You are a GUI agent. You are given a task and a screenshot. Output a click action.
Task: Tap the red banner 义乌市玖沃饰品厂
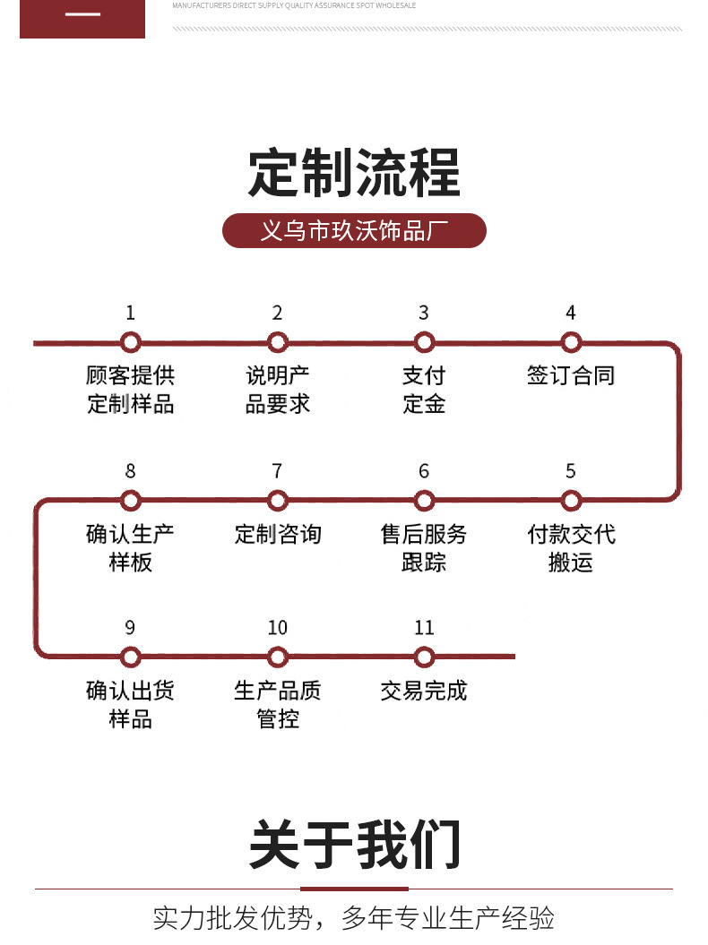click(x=354, y=231)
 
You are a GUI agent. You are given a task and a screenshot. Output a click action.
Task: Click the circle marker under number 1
click(x=131, y=342)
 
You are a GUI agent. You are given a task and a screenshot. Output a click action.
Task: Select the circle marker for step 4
click(x=571, y=342)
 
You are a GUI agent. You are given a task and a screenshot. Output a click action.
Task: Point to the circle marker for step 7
click(x=278, y=500)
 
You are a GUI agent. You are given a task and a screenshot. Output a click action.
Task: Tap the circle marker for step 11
click(x=424, y=657)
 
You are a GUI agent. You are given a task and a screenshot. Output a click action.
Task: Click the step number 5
click(x=571, y=471)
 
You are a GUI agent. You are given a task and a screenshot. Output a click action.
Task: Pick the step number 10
click(x=278, y=628)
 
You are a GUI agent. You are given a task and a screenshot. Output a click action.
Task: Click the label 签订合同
click(x=571, y=375)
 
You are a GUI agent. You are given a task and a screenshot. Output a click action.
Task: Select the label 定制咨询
click(x=278, y=535)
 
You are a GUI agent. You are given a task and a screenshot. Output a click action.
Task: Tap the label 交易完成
click(x=424, y=691)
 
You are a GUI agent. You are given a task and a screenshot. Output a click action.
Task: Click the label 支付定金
click(x=424, y=390)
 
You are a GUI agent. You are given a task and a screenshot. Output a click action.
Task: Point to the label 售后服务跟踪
click(x=424, y=548)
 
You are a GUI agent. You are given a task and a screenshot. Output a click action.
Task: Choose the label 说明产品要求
click(x=278, y=390)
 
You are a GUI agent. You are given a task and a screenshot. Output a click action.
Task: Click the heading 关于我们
click(x=354, y=844)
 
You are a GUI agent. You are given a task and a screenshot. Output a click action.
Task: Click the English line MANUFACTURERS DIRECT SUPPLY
click(x=294, y=5)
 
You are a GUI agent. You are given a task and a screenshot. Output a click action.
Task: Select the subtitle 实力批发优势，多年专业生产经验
click(x=354, y=918)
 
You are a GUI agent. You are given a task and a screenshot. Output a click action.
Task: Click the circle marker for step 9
click(x=131, y=657)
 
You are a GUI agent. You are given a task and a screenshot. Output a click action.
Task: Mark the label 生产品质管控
click(x=278, y=705)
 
